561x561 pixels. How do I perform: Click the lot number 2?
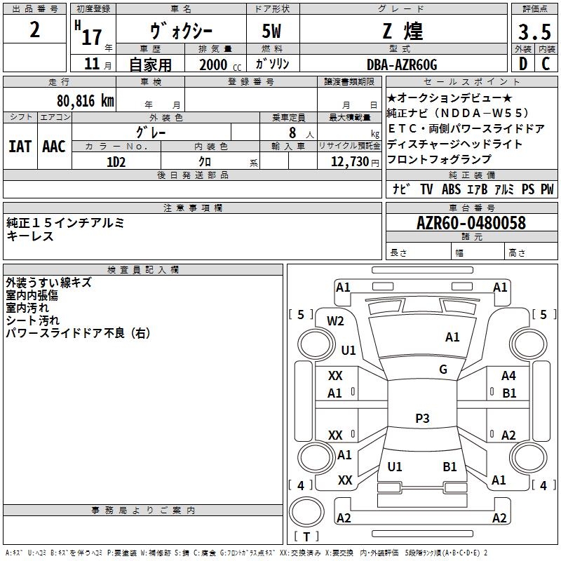(x=35, y=30)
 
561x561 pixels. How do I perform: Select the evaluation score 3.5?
(x=534, y=33)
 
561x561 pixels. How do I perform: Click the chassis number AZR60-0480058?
(x=471, y=223)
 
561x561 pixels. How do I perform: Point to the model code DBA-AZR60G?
(x=402, y=65)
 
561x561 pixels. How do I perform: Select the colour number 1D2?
(x=116, y=161)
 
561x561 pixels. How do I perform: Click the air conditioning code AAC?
(x=54, y=147)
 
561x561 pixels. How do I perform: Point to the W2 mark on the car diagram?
(x=336, y=321)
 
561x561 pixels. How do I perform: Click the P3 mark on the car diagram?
(x=422, y=419)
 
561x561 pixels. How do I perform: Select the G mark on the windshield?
(x=443, y=369)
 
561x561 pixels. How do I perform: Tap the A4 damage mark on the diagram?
(x=508, y=376)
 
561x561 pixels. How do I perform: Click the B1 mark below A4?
(x=510, y=393)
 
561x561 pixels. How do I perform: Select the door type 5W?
(x=273, y=32)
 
